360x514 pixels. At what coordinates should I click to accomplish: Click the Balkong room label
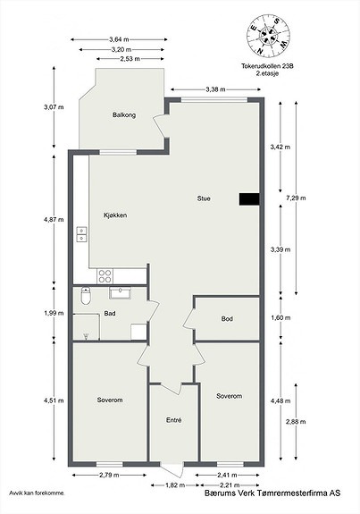pyautogui.click(x=124, y=115)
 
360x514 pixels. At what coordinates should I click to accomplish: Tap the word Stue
pyautogui.click(x=204, y=198)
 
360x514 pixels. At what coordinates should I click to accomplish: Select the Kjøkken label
pyautogui.click(x=115, y=215)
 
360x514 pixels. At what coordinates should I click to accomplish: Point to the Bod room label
pyautogui.click(x=227, y=318)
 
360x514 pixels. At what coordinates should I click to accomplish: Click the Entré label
pyautogui.click(x=173, y=420)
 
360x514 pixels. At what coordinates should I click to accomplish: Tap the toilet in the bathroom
pyautogui.click(x=86, y=296)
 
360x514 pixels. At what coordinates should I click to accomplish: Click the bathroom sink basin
pyautogui.click(x=121, y=292)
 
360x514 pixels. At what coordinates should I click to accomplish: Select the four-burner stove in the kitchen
pyautogui.click(x=105, y=276)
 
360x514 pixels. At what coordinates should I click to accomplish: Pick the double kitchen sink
pyautogui.click(x=81, y=234)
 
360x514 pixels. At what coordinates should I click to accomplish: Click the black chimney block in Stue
pyautogui.click(x=249, y=199)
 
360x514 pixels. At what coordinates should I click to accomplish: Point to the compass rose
pyautogui.click(x=268, y=35)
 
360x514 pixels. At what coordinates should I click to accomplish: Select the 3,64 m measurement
pyautogui.click(x=119, y=39)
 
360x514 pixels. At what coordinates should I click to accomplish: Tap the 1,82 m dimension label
pyautogui.click(x=175, y=485)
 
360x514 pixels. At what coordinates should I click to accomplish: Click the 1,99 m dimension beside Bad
pyautogui.click(x=54, y=313)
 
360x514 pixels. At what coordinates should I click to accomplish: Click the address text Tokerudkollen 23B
pyautogui.click(x=267, y=66)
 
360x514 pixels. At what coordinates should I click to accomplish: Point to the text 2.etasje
pyautogui.click(x=267, y=73)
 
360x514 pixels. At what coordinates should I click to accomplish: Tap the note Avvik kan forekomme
pyautogui.click(x=37, y=493)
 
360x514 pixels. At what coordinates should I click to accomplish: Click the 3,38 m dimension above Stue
pyautogui.click(x=215, y=89)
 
